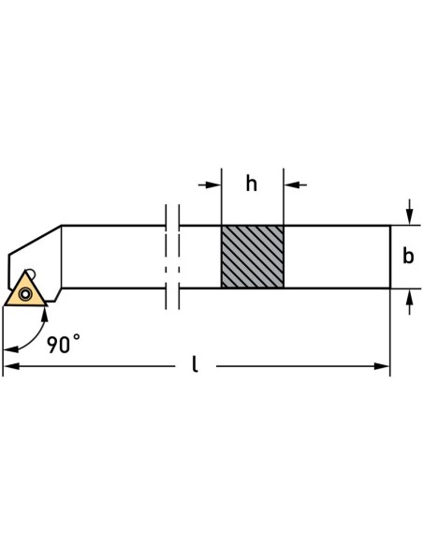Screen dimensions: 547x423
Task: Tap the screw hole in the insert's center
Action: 24,293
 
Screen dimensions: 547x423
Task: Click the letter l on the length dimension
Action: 196,364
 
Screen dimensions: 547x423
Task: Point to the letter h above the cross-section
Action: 251,184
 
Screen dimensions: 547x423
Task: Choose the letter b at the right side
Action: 407,257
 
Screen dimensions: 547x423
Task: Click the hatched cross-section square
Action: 252,256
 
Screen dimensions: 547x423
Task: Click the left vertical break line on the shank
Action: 164,256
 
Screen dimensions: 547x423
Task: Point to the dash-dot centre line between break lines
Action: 171,256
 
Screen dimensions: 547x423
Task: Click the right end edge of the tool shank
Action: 389,256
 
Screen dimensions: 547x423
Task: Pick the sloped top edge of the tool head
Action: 36,237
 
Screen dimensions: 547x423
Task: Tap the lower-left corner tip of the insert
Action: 5,305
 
